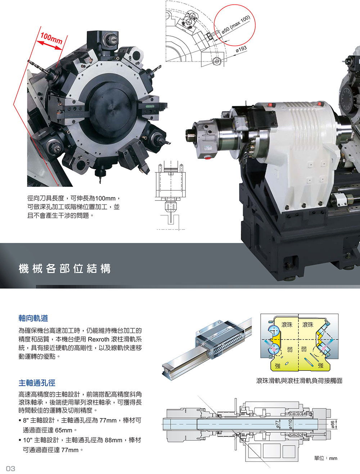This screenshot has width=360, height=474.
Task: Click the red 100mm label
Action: coord(51,38)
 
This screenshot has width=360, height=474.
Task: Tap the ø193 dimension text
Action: coord(241,49)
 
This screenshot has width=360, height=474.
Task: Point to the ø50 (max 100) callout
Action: coord(236,24)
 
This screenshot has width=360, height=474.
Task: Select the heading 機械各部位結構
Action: coord(64,268)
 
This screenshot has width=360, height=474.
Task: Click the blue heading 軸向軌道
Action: coord(33,318)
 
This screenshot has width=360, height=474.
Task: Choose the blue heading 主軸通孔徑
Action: coord(37,383)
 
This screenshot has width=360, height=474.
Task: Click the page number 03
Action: coord(10,469)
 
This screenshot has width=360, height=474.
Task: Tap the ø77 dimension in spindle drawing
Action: coord(278,424)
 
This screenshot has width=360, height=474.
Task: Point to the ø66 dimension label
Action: coord(333,424)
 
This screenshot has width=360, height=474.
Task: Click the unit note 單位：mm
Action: coord(326,458)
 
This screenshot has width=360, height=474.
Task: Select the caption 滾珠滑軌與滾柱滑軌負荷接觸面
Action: coord(299,380)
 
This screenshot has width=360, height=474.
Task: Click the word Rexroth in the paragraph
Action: coord(99,339)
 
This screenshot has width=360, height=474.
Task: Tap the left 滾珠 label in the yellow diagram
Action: coord(287,325)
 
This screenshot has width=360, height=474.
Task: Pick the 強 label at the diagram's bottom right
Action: coord(320,365)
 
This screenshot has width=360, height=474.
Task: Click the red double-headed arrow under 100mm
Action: coord(49,45)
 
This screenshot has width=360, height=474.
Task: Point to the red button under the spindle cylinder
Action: coord(207,158)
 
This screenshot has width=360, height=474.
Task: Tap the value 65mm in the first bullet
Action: coord(64,430)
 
